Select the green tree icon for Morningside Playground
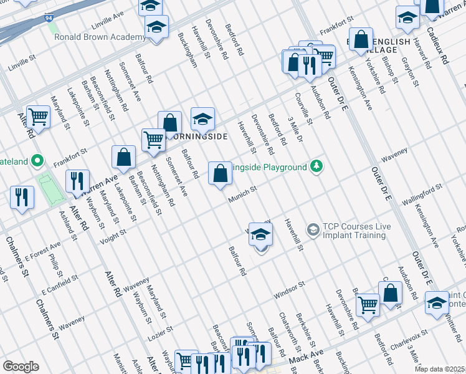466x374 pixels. [x=317, y=166]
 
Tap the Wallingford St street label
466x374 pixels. [x=422, y=190]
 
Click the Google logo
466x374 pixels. [x=21, y=367]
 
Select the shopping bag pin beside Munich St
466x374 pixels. [x=220, y=174]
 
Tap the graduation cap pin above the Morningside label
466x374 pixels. [x=202, y=118]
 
